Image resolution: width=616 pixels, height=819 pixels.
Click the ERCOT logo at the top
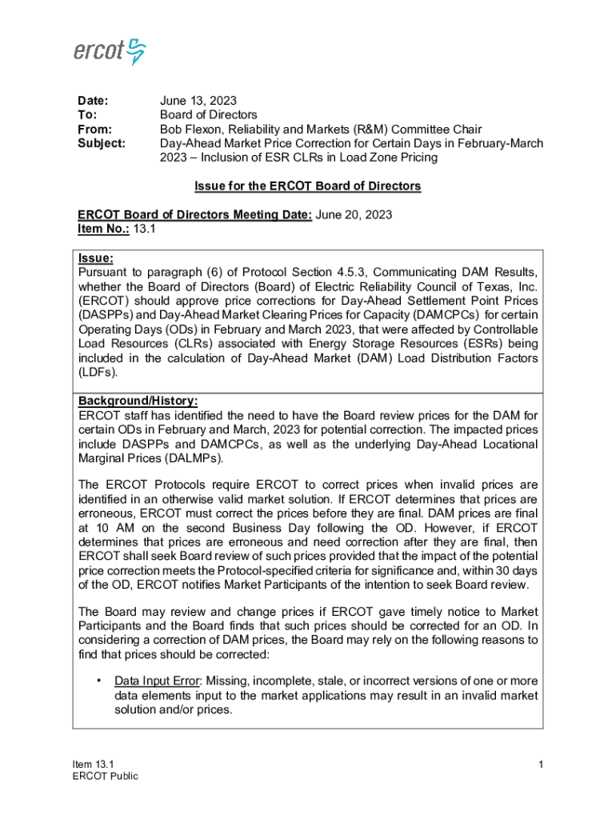pos(110,50)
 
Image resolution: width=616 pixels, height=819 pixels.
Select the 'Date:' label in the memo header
pos(92,101)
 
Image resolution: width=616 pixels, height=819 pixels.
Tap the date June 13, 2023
pos(198,101)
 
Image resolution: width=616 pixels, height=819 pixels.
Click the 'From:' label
pos(94,129)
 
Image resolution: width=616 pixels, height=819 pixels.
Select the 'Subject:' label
pos(101,143)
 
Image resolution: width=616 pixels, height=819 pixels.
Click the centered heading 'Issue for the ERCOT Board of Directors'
pos(308,186)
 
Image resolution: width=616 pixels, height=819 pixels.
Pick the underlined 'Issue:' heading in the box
pos(95,258)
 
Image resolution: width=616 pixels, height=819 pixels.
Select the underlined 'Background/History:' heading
pos(138,401)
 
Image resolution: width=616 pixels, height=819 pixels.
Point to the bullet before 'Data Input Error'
pos(98,681)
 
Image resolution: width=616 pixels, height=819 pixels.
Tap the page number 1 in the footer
pos(541,765)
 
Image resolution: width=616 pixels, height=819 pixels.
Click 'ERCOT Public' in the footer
pos(105,777)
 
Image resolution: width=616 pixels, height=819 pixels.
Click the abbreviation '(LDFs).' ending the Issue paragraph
pos(98,373)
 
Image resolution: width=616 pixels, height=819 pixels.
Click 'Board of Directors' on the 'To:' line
pos(208,115)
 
